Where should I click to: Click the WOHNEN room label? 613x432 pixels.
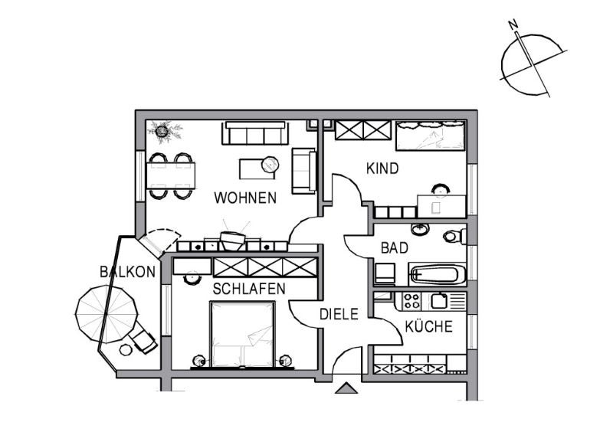[245, 198]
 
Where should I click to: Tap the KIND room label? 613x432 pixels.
[382, 169]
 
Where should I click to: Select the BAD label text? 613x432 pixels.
[395, 248]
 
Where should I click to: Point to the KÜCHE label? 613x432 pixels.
[428, 326]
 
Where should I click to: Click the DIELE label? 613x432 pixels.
[339, 314]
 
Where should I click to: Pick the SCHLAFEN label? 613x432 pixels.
[249, 289]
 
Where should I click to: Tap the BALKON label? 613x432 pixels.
[127, 272]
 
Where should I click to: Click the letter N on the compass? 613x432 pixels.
[513, 25]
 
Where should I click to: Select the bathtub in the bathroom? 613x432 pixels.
[437, 273]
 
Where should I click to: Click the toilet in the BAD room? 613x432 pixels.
[454, 236]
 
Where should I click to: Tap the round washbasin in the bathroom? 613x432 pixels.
[420, 230]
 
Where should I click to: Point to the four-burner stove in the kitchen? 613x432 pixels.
[411, 302]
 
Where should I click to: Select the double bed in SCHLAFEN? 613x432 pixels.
[242, 334]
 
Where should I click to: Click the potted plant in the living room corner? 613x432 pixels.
[163, 130]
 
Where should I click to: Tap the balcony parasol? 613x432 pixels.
[107, 314]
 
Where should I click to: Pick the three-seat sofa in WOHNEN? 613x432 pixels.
[255, 133]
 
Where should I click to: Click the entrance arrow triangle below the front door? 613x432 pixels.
[346, 388]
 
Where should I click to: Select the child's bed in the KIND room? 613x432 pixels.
[430, 136]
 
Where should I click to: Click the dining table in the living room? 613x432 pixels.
[170, 176]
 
